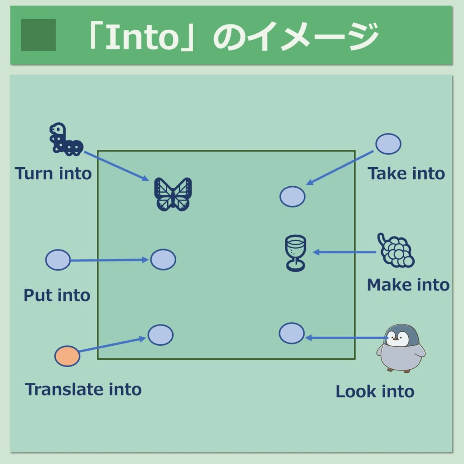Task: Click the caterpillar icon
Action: click(66, 139)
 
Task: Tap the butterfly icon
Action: click(173, 194)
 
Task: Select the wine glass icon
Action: click(295, 253)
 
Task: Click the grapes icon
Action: click(396, 250)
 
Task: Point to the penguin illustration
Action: click(401, 348)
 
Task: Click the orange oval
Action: click(67, 356)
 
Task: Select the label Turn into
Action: click(53, 174)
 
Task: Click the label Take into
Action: click(406, 174)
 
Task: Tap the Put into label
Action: click(57, 295)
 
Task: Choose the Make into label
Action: click(408, 285)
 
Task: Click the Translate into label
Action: click(83, 389)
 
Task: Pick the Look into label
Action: click(375, 391)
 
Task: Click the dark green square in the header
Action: click(39, 34)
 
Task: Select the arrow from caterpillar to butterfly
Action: click(116, 166)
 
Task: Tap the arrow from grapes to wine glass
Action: click(344, 252)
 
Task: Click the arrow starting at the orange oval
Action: click(112, 344)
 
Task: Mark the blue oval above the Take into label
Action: click(388, 144)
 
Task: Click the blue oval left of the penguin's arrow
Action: click(292, 333)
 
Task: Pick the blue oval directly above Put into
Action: click(58, 260)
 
